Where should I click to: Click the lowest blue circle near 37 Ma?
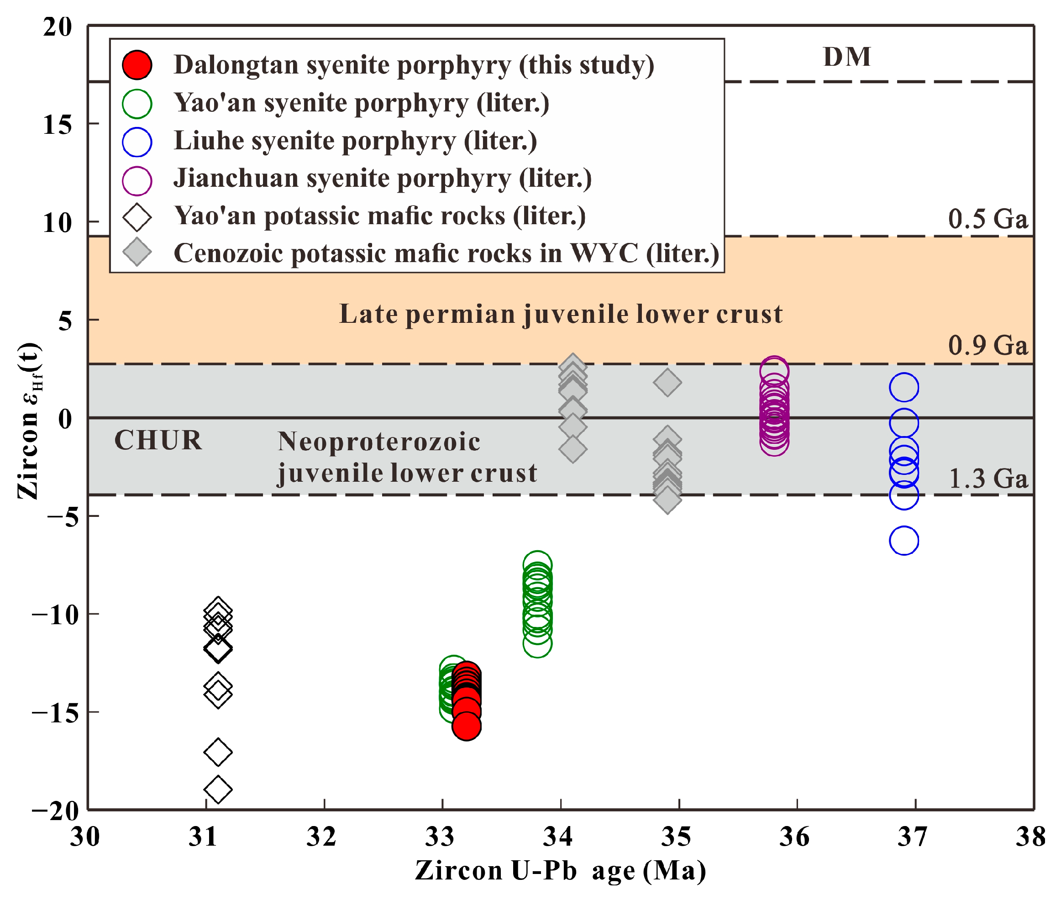pos(903,540)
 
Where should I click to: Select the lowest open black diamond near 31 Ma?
pos(218,789)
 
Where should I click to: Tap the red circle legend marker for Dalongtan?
pos(137,65)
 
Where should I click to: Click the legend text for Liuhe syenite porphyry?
pos(355,141)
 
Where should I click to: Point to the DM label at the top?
pos(847,57)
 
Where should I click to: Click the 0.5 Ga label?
pos(987,219)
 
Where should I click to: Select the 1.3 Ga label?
pos(987,479)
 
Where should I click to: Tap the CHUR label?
pos(158,440)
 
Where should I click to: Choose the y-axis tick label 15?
pos(57,124)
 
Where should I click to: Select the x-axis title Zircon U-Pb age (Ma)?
pos(560,870)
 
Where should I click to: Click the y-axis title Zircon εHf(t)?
pos(30,421)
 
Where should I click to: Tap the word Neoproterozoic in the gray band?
pos(378,442)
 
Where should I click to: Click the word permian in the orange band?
pos(460,314)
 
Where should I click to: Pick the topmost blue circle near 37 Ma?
pos(903,387)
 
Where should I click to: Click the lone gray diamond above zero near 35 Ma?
pos(667,382)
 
